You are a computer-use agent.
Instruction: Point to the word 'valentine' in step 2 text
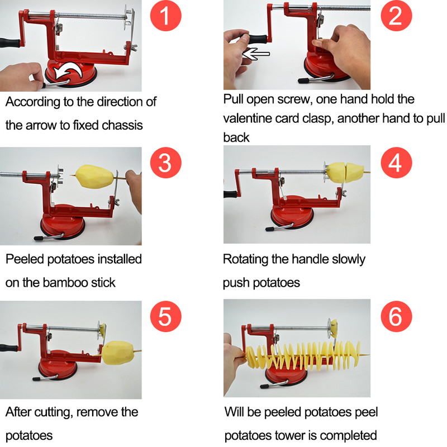(247, 118)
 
